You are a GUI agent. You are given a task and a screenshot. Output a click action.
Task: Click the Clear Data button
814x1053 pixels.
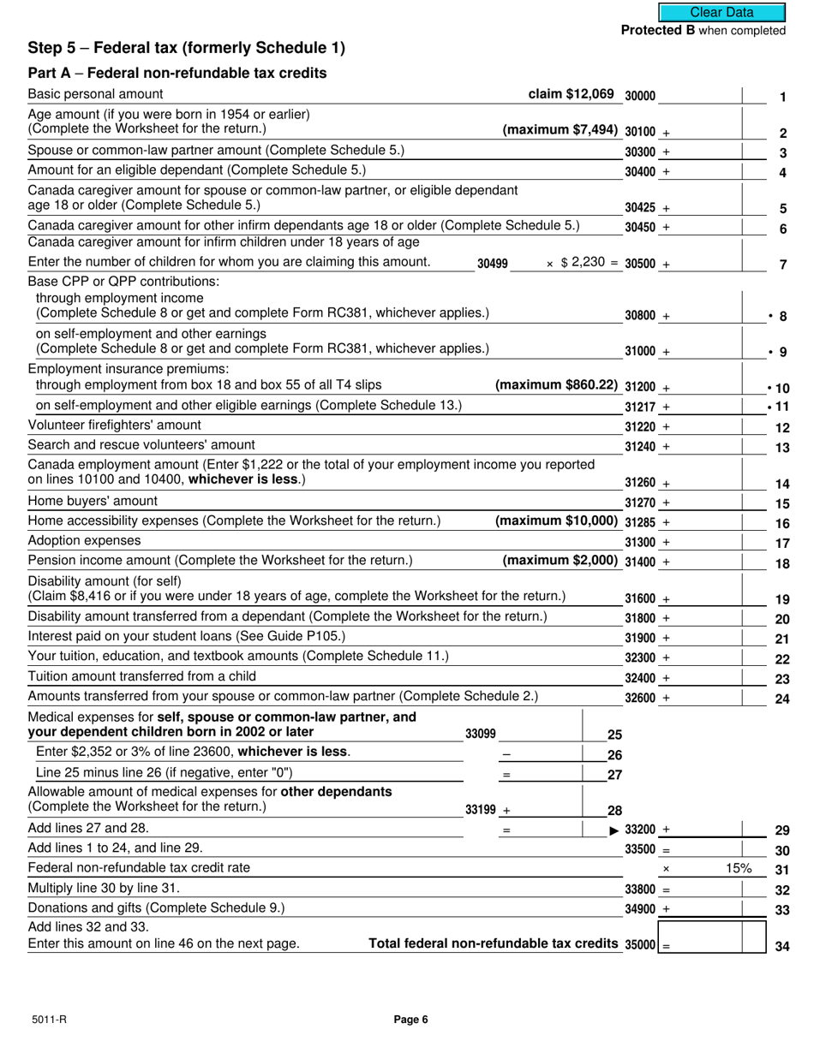pos(721,12)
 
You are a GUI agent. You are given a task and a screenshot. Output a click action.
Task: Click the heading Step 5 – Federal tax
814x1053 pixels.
pos(187,48)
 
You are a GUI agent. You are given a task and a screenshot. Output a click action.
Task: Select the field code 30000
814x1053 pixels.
pos(640,97)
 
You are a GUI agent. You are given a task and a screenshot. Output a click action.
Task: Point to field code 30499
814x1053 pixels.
pos(493,265)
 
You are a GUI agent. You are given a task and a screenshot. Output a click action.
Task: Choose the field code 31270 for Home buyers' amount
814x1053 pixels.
pos(640,503)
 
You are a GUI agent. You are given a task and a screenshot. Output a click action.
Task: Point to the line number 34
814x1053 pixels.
pos(781,947)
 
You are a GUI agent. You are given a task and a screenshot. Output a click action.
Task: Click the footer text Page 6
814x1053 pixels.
pos(410,1019)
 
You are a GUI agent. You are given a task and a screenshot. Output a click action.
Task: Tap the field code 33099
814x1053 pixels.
pos(480,734)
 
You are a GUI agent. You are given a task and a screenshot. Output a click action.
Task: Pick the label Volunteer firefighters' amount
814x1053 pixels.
pos(115,425)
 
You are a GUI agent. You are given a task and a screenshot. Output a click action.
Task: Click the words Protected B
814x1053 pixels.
pos(658,31)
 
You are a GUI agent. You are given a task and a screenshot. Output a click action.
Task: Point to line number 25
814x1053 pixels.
pos(614,735)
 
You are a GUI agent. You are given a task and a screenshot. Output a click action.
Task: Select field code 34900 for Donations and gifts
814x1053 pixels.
pos(640,909)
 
